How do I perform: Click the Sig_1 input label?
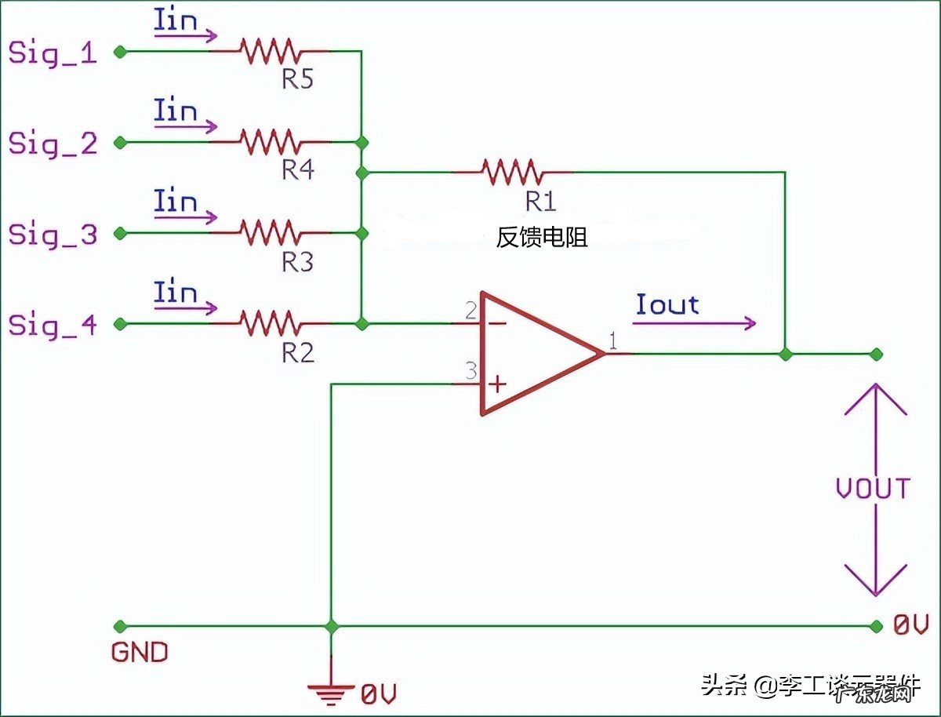tap(52, 53)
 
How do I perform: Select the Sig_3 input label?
tap(52, 235)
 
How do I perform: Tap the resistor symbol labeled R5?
tap(270, 52)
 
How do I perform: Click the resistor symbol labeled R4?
tap(270, 142)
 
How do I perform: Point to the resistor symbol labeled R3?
tap(270, 233)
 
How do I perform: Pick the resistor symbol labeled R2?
tap(270, 323)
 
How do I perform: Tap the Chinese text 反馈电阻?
tap(542, 238)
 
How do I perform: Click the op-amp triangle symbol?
tap(533, 354)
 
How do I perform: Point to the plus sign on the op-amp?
tap(497, 384)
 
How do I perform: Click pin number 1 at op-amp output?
tap(612, 342)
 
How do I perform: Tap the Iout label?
tap(667, 304)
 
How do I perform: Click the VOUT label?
tap(873, 489)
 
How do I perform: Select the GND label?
tap(140, 652)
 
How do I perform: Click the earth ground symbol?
tap(331, 690)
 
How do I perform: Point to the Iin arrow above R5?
tap(185, 35)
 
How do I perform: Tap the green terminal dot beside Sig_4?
tap(119, 323)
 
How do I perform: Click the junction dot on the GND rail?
tap(331, 626)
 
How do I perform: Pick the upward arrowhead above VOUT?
tap(875, 400)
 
